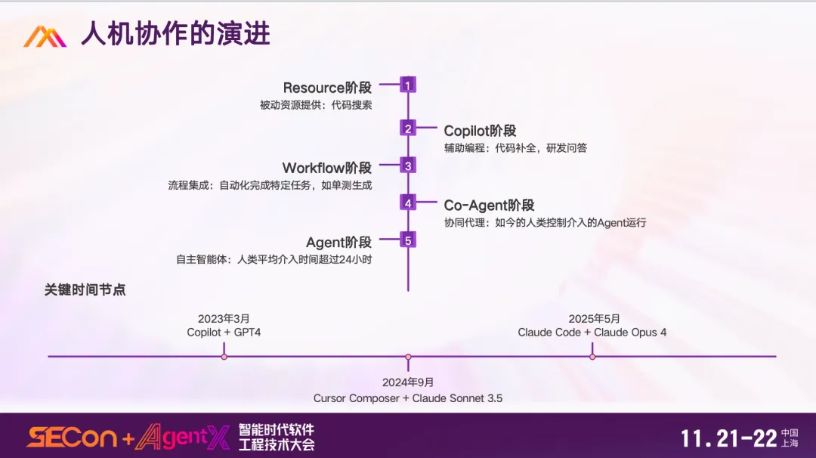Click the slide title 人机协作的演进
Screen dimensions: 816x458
tap(175, 35)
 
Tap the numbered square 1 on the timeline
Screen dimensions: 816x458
tap(408, 85)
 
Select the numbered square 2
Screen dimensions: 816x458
tap(408, 128)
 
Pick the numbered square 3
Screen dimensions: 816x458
tap(408, 166)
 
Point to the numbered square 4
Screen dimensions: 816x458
tap(408, 203)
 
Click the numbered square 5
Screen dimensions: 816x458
tap(408, 240)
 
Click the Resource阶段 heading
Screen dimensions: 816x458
tap(327, 88)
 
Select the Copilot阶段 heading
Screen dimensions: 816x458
tap(480, 131)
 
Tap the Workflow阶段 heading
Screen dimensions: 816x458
tap(327, 168)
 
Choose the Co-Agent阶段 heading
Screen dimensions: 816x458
tap(489, 205)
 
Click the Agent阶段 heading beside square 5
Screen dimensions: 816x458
tap(338, 243)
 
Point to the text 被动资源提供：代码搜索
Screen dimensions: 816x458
tap(316, 105)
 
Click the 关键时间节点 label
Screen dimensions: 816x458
tap(85, 289)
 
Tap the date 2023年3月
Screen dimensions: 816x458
tap(224, 319)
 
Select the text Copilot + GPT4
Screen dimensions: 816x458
tap(224, 332)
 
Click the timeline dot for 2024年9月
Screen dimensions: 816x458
tap(408, 357)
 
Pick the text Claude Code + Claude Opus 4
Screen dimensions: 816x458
tap(592, 332)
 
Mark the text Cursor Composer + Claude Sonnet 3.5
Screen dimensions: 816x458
tap(408, 398)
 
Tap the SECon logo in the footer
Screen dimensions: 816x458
tap(72, 438)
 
